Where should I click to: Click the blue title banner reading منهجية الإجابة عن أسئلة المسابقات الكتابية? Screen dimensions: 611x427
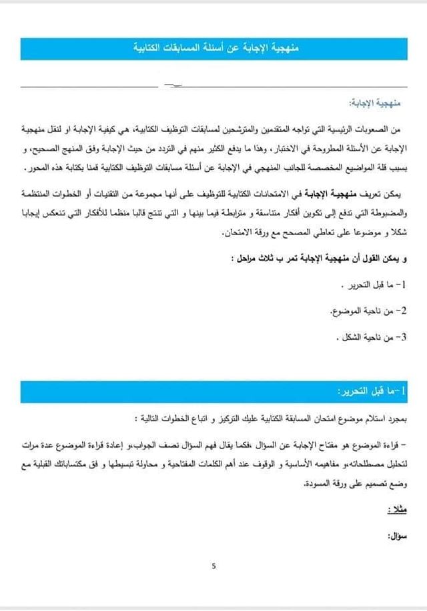coord(213,49)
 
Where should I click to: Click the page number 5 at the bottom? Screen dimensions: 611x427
coord(213,566)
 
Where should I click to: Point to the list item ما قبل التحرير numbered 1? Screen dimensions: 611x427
coord(374,286)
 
